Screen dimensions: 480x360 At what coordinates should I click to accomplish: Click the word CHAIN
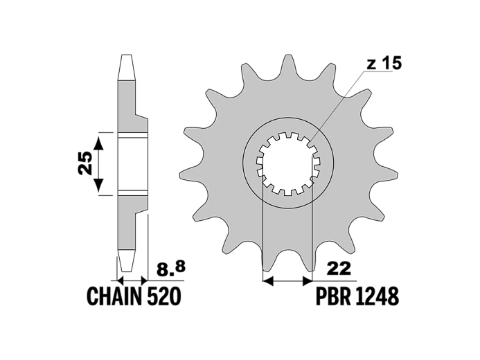coord(114,296)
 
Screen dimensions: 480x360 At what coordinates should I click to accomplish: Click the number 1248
coord(377,296)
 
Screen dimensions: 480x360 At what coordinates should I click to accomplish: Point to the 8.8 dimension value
coord(171,269)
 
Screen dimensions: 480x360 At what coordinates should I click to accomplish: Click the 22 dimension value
coord(339,269)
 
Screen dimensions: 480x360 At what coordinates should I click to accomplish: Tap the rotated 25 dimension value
coord(85,163)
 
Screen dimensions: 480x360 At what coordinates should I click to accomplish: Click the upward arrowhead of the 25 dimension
coord(98,143)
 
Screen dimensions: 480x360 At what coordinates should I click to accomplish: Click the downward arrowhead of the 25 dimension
coord(98,185)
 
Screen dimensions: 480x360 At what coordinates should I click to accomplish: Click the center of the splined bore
coord(287,163)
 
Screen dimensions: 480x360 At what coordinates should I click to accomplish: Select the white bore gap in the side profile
coord(132,165)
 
